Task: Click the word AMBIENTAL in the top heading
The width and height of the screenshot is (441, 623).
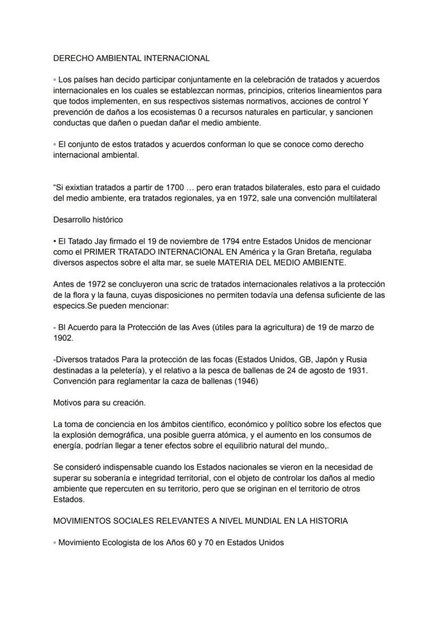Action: click(x=115, y=58)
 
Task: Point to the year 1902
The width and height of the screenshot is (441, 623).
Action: click(x=63, y=338)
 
